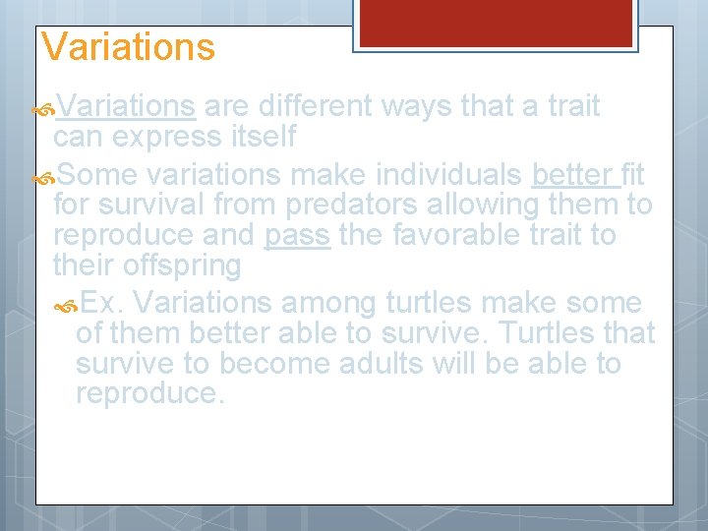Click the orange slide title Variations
click(x=128, y=47)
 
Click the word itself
click(x=263, y=137)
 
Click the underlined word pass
click(x=297, y=236)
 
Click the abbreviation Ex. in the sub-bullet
click(x=100, y=303)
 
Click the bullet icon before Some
click(x=43, y=176)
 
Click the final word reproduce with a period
click(x=149, y=394)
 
